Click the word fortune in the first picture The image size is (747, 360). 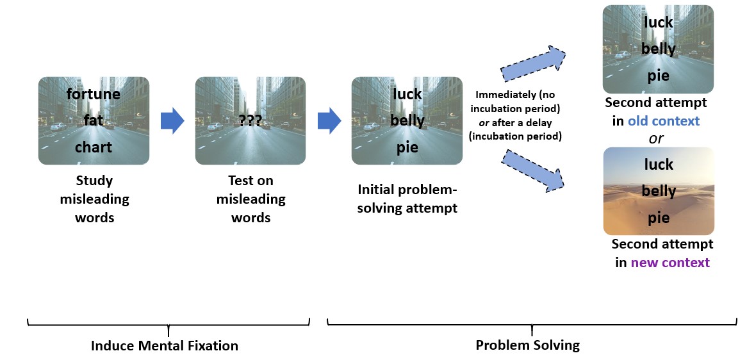tap(94, 94)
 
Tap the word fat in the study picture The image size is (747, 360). tap(94, 120)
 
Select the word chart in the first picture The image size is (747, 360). tap(94, 147)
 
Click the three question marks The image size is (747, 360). tap(250, 120)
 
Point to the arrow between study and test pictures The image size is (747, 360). tap(172, 120)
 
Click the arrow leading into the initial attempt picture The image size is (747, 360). tap(329, 120)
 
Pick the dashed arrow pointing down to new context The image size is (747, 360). tap(533, 169)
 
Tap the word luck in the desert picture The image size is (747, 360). tap(659, 165)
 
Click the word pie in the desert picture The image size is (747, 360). tap(659, 218)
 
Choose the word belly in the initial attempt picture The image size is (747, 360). tap(407, 120)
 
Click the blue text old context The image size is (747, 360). tap(663, 120)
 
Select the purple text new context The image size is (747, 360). tap(670, 262)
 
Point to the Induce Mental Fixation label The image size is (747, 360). tap(165, 346)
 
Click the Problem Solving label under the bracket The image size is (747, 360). tap(527, 345)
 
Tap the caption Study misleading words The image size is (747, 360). tap(94, 199)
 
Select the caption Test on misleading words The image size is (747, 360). tap(250, 199)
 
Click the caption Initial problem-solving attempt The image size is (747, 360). tap(407, 199)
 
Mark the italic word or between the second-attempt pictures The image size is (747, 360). tap(655, 138)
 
